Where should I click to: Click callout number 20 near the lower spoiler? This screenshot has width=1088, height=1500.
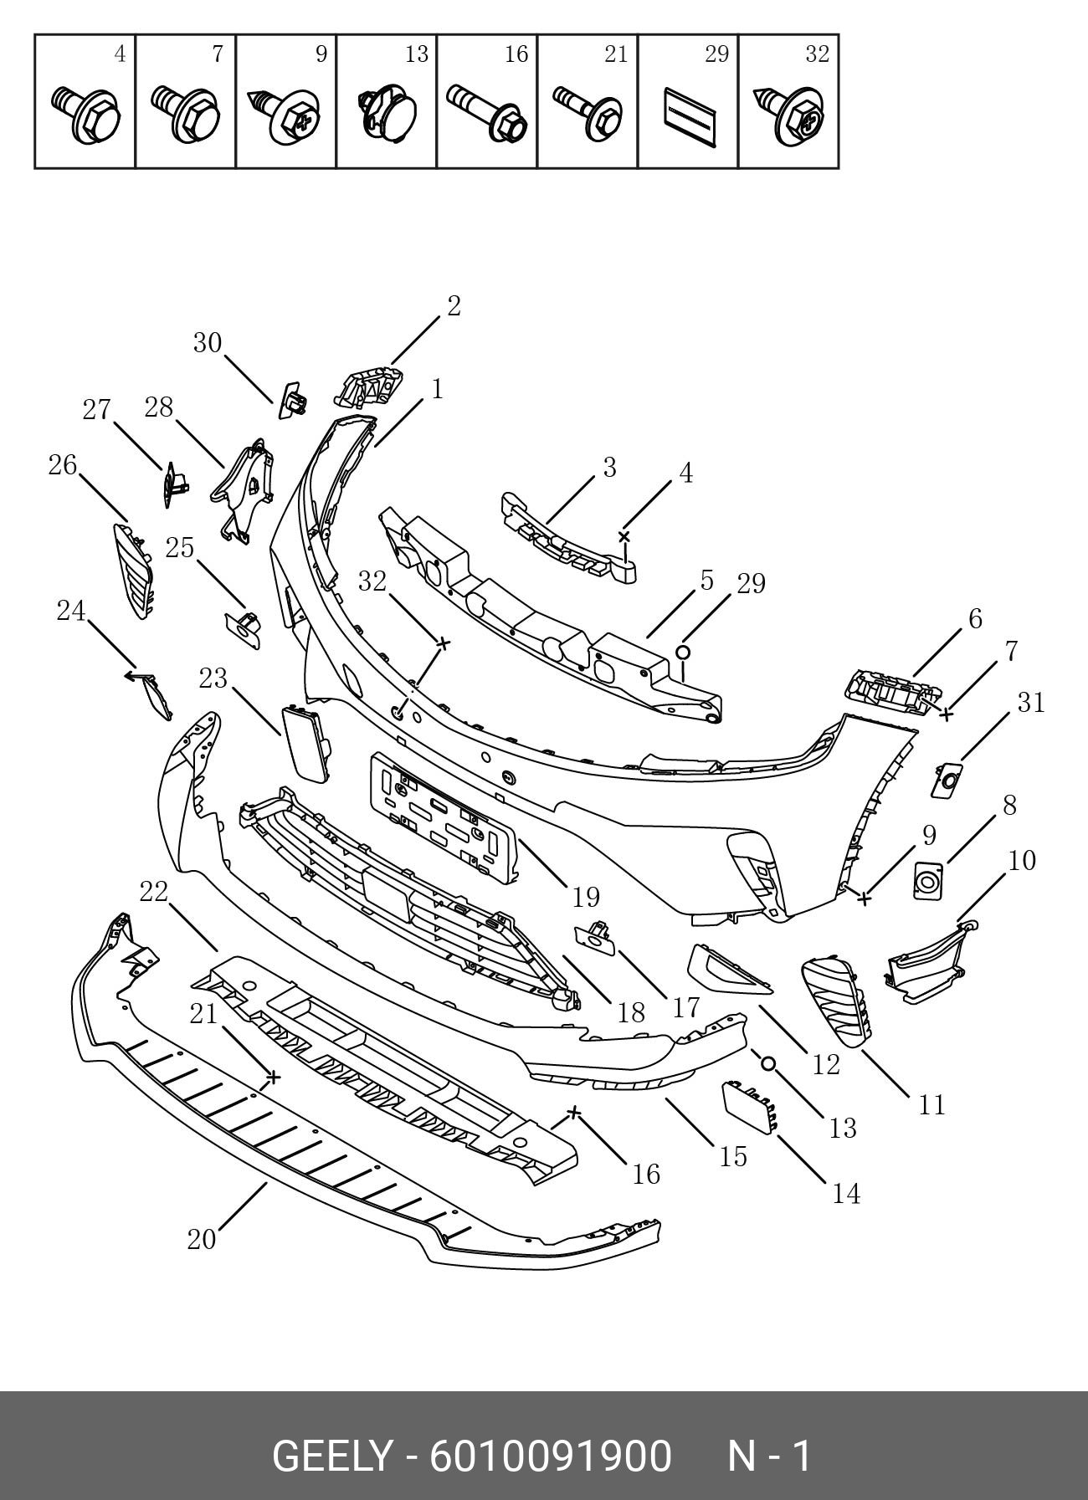pyautogui.click(x=202, y=1239)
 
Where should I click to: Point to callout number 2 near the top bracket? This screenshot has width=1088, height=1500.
pyautogui.click(x=454, y=306)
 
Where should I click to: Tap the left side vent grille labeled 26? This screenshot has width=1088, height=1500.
pyautogui.click(x=133, y=571)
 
